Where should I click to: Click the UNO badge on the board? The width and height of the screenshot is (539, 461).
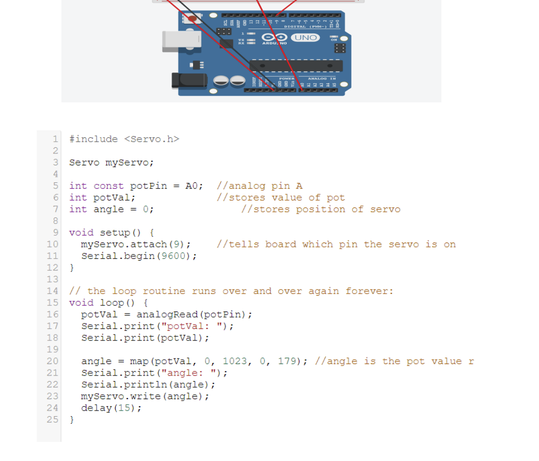(x=305, y=37)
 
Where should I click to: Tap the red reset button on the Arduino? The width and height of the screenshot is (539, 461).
(x=192, y=19)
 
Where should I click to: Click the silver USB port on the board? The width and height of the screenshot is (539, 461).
(x=174, y=42)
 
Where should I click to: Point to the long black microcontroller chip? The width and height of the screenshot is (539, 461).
(x=296, y=66)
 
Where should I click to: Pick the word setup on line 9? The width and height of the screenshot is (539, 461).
(x=115, y=233)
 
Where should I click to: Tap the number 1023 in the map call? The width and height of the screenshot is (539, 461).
(x=235, y=361)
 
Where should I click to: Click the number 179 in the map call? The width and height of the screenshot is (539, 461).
(x=287, y=361)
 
